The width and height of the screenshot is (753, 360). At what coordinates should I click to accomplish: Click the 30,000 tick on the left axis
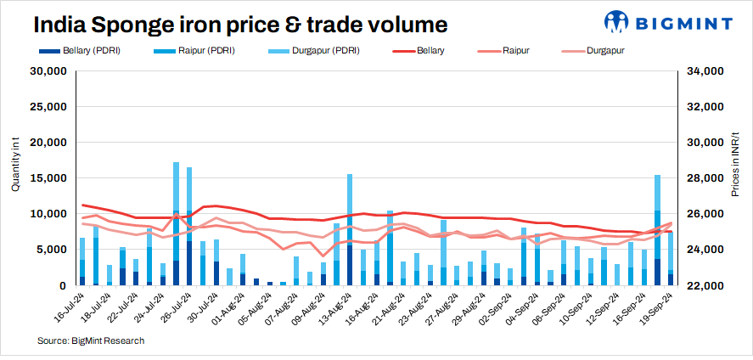(48, 71)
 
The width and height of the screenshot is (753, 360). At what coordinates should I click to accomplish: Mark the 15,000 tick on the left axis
(48, 178)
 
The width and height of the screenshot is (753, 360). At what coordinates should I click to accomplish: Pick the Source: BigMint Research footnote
(90, 340)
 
